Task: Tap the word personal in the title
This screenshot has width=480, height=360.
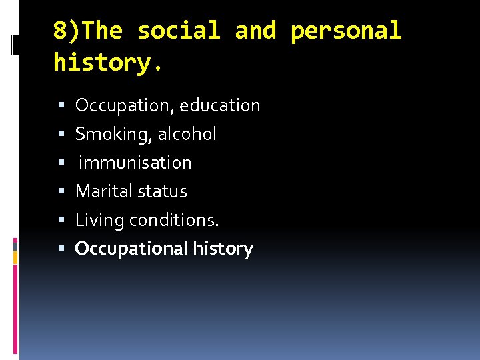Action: coord(346,31)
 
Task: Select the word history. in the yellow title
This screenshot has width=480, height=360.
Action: coord(107,63)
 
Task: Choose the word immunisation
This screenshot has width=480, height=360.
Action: coord(135,163)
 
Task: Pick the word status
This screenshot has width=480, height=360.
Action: coord(164,191)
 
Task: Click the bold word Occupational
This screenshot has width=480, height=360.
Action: coord(131,249)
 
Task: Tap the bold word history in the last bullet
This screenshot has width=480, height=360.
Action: coord(223,249)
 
